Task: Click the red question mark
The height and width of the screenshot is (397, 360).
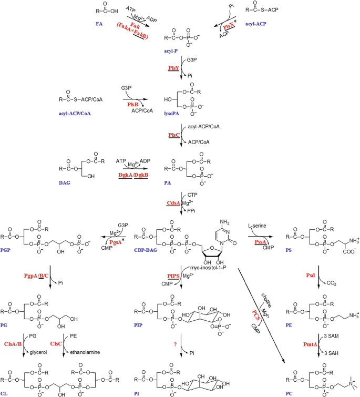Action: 171,345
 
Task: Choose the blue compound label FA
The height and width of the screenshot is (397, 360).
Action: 100,24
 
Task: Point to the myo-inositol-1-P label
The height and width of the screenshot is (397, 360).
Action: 213,267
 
